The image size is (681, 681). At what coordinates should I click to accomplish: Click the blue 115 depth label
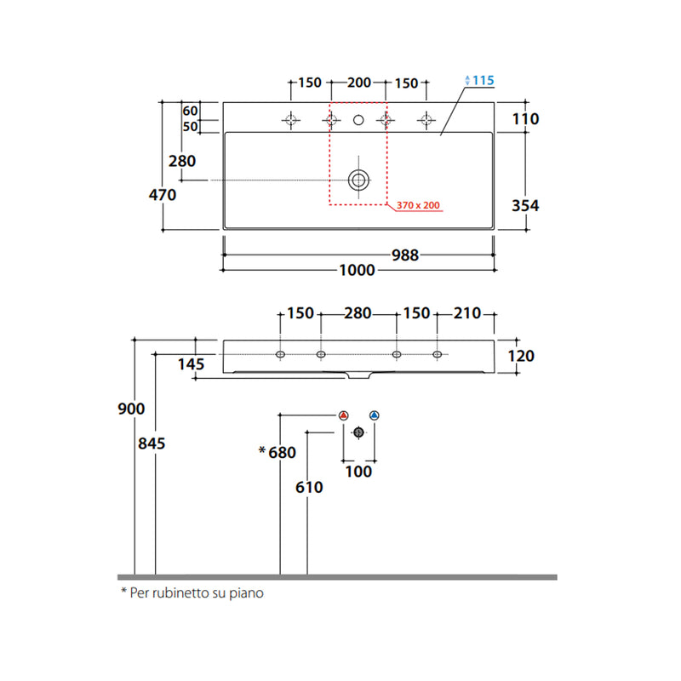point(483,80)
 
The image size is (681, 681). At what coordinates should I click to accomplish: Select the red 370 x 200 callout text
point(418,205)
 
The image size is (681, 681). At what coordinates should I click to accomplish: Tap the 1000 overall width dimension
point(357,270)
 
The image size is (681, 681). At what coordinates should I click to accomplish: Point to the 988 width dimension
point(405,255)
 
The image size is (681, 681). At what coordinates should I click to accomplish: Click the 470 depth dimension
point(163,195)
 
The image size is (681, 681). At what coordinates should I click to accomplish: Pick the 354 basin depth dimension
point(525,205)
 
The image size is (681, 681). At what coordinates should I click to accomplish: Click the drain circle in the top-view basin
point(358,180)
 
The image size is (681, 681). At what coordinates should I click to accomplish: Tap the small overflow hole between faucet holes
point(358,120)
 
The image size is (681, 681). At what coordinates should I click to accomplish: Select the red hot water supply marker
point(344,415)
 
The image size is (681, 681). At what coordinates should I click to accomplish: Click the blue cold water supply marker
point(375,415)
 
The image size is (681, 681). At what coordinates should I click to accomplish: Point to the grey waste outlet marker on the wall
point(358,432)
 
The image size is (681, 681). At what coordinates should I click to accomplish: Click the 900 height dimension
point(131,409)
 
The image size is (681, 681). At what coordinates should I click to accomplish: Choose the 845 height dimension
point(152,444)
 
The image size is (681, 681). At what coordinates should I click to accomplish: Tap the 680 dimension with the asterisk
point(278,452)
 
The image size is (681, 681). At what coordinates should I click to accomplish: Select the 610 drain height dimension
point(309,487)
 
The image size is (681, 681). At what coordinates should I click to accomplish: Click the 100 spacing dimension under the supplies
point(358,472)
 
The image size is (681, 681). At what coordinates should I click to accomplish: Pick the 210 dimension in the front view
point(467,313)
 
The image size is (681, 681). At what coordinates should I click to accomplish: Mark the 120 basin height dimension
point(521,356)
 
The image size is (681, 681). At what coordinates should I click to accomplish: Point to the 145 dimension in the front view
point(191,364)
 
